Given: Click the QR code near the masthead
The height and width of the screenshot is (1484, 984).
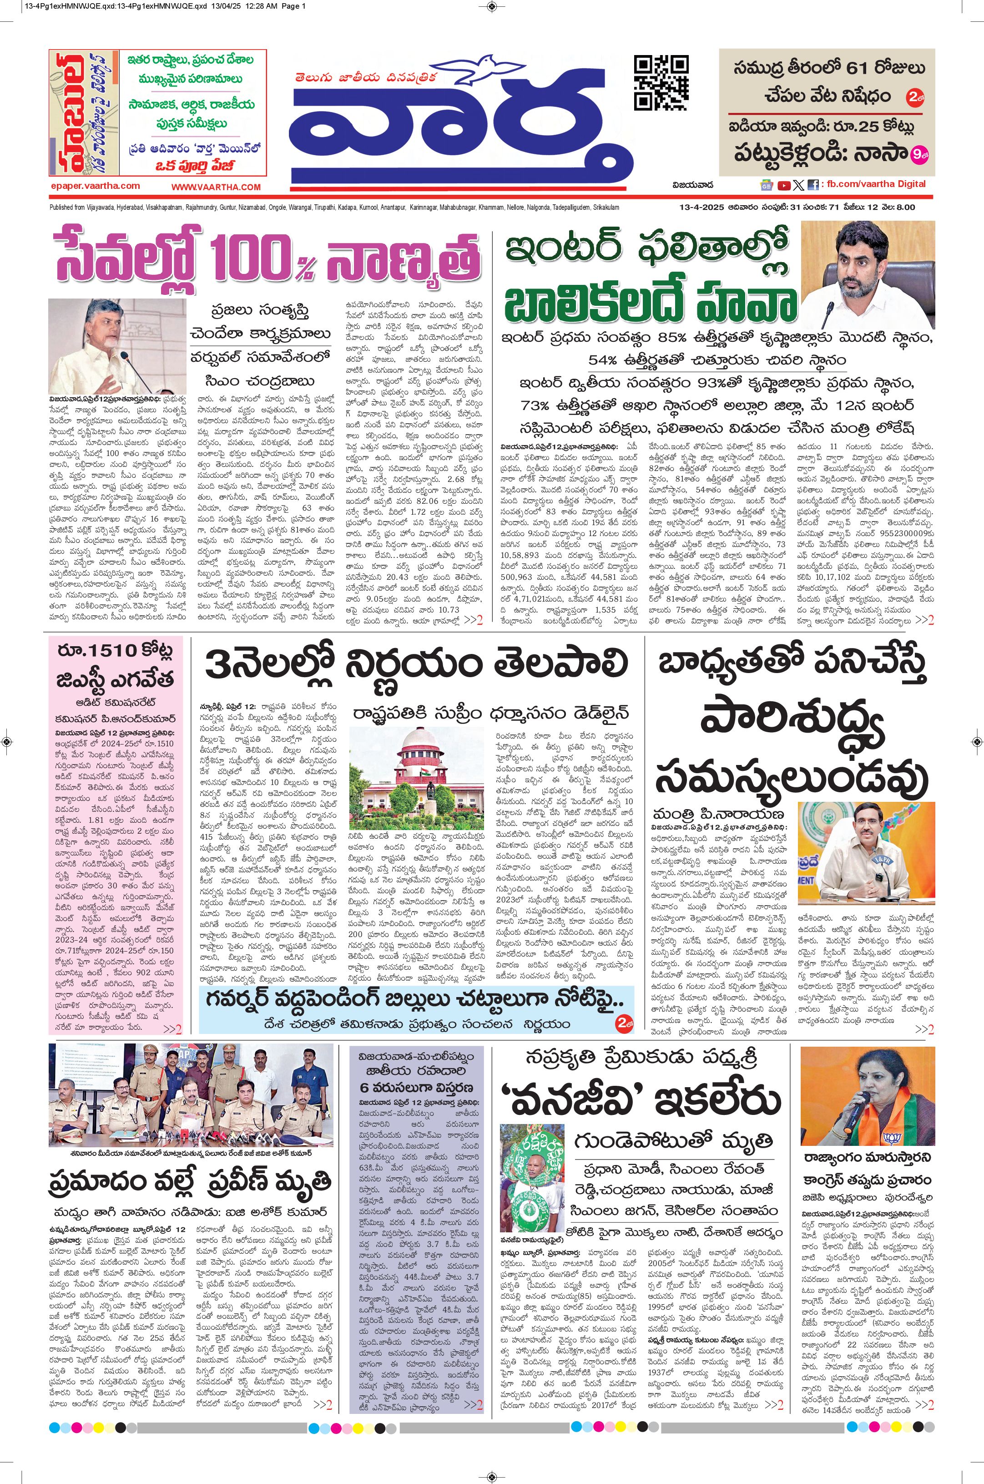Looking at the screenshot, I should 661,82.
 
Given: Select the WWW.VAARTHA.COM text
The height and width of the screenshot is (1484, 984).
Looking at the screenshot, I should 216,187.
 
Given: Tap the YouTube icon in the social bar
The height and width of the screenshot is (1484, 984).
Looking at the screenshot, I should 784,185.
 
